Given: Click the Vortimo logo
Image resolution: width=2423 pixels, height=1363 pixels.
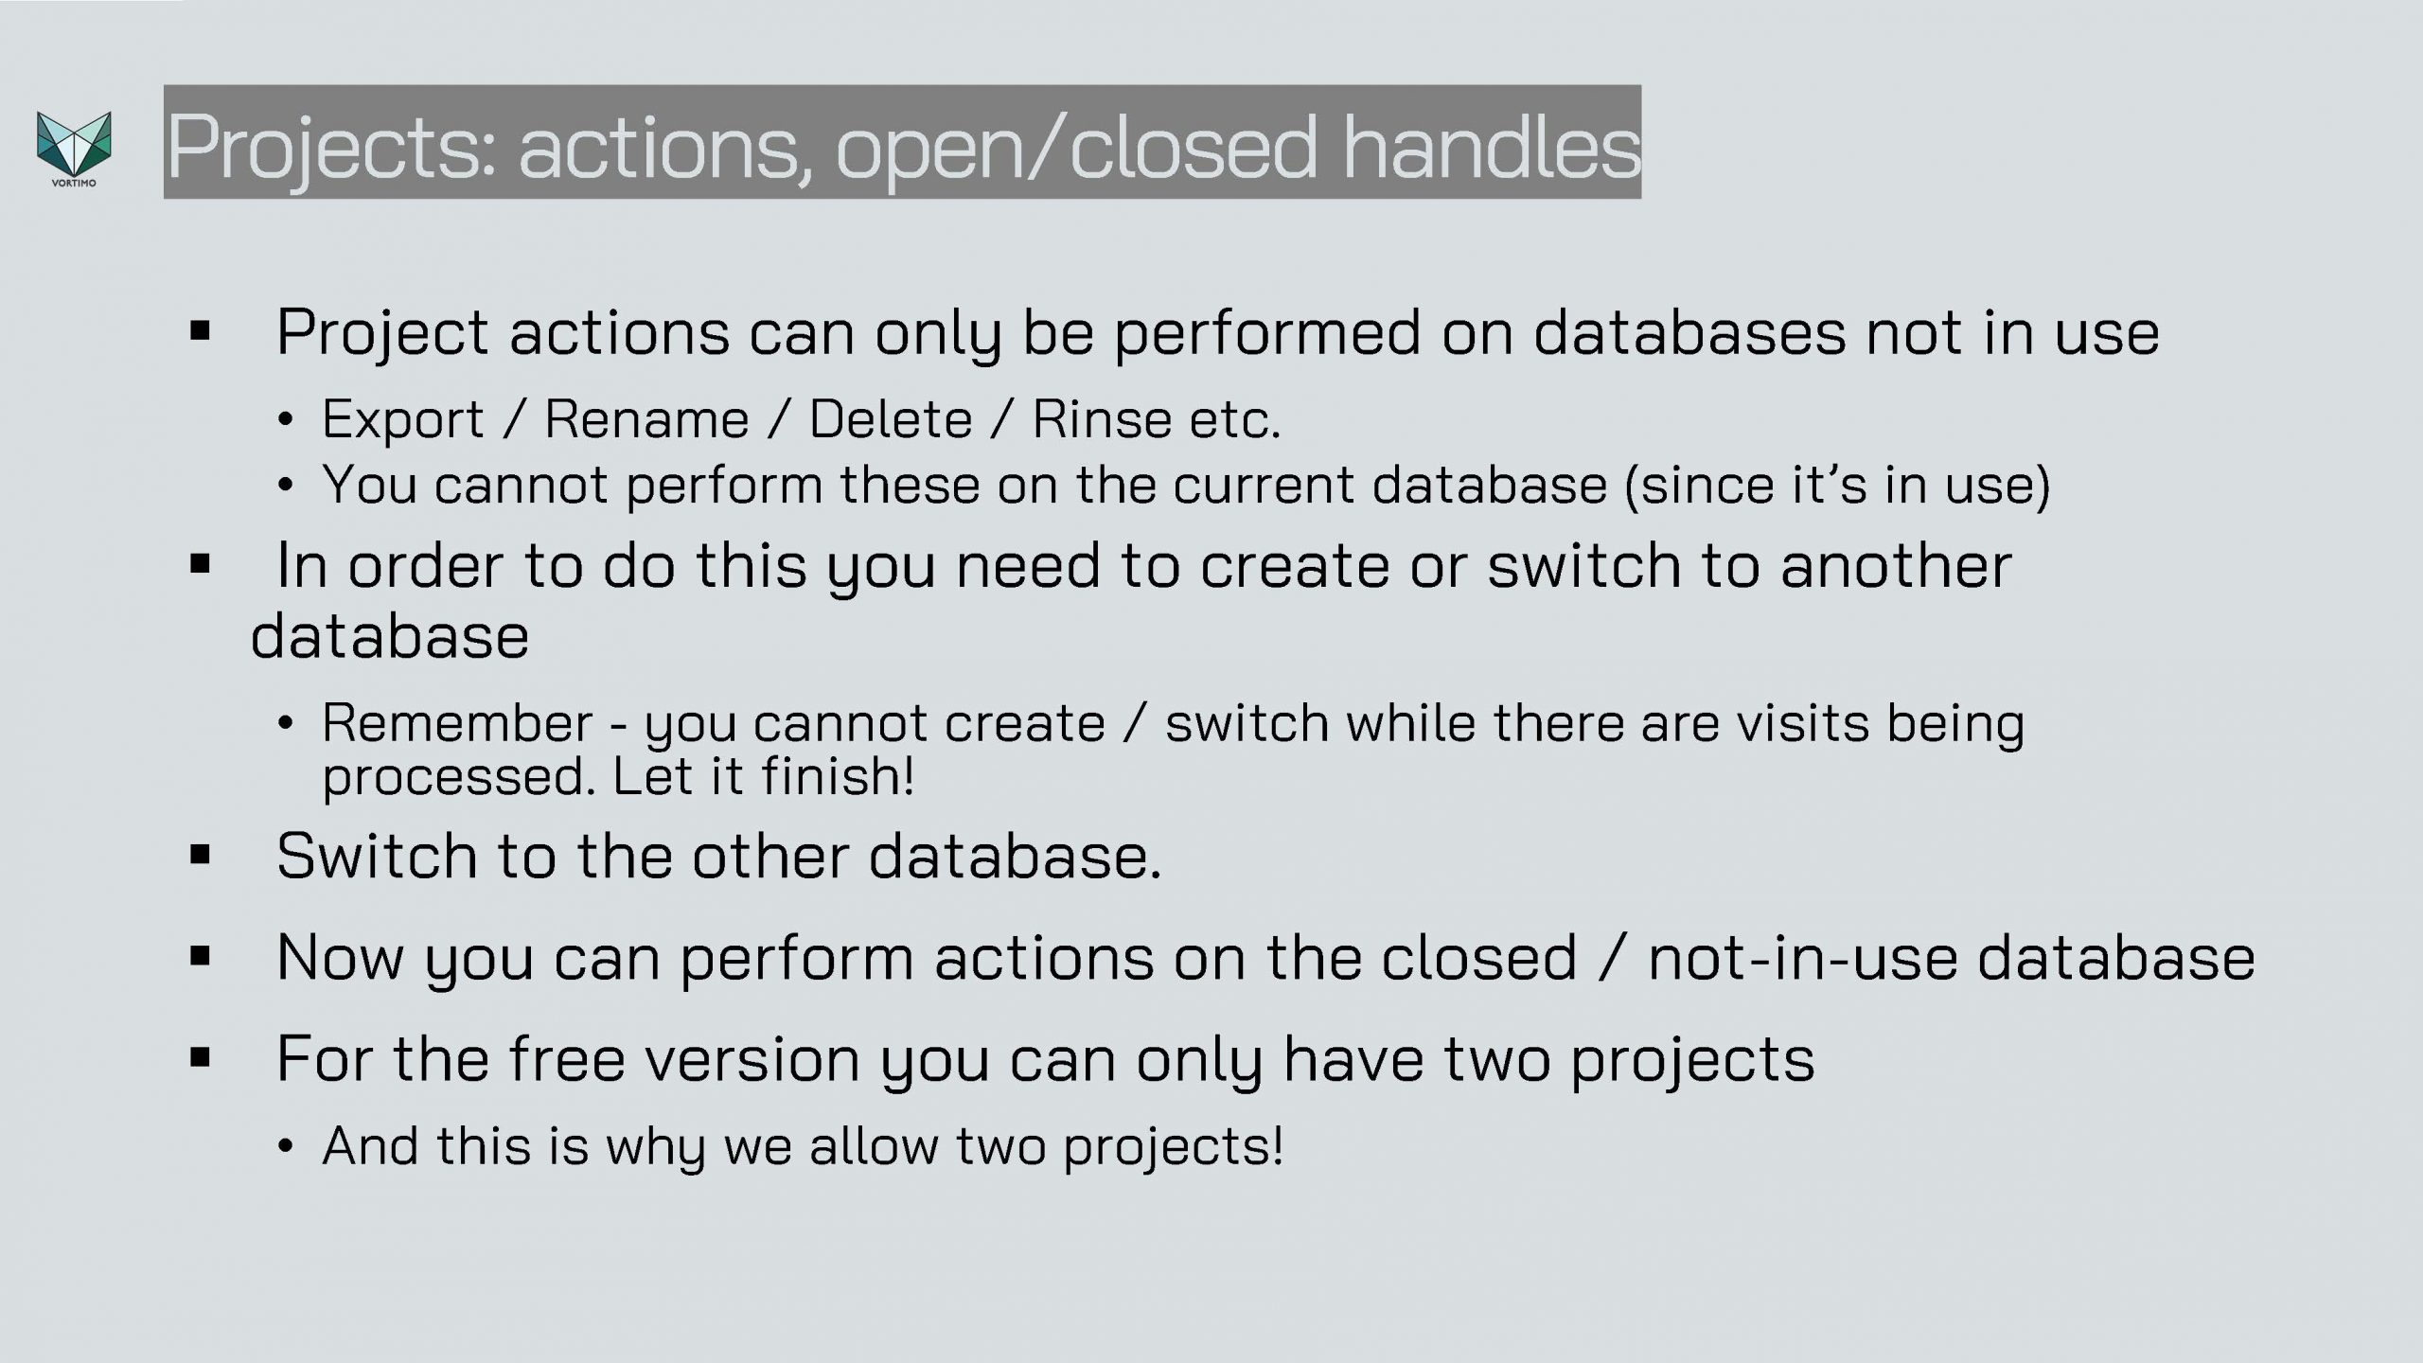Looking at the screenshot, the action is [x=74, y=149].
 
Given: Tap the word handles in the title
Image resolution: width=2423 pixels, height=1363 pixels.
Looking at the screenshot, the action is [x=1492, y=146].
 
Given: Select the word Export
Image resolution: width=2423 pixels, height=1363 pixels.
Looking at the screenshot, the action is [x=403, y=419].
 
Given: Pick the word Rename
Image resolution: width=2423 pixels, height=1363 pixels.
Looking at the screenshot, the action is [x=647, y=419].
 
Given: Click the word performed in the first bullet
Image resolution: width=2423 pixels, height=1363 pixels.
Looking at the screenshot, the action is [x=1267, y=334].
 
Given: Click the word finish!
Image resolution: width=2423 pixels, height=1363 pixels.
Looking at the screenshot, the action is [x=839, y=776].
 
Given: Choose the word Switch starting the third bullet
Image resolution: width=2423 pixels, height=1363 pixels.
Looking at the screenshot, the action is [x=377, y=856].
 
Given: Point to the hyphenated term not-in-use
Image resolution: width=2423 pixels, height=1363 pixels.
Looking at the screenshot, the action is [x=1803, y=958].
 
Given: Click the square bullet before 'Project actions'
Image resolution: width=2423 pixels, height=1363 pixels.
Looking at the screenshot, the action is [x=200, y=331].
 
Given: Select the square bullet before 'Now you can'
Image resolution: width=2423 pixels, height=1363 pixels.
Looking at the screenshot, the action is [x=200, y=957].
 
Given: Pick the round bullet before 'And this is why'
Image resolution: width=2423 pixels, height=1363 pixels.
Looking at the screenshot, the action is [x=286, y=1147].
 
